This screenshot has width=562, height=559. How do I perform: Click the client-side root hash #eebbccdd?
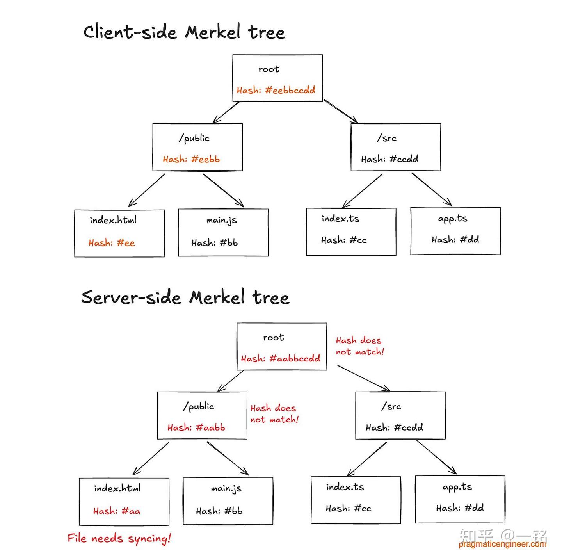[x=276, y=90]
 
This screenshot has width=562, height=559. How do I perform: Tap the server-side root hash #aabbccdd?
[x=280, y=358]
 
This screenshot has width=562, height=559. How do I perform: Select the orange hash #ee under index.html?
[x=112, y=243]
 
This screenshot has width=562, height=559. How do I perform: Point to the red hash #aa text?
[x=116, y=511]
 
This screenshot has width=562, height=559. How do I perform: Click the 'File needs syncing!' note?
[x=119, y=538]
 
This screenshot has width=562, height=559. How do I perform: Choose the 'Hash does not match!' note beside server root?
[x=359, y=346]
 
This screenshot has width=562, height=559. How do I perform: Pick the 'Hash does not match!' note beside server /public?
[x=274, y=414]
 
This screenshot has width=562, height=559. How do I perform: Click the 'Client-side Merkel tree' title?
[x=184, y=32]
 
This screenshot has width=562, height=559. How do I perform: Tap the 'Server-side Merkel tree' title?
[x=185, y=297]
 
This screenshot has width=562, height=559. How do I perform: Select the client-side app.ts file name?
[x=452, y=219]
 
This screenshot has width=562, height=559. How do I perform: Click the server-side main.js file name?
[x=226, y=488]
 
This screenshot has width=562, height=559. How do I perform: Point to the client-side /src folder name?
[x=386, y=138]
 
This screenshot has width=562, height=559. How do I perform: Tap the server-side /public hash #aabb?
[x=196, y=427]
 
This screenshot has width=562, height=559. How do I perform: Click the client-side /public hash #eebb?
[x=191, y=159]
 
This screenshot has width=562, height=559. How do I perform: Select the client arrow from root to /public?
[x=226, y=112]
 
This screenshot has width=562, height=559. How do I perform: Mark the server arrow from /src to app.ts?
[x=436, y=457]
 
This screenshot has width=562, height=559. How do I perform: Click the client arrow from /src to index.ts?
[x=362, y=190]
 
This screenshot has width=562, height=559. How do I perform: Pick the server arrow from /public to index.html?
[x=151, y=458]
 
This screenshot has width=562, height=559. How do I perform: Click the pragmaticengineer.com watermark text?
[x=502, y=544]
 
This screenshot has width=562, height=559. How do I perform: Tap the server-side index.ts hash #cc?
[x=348, y=508]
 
